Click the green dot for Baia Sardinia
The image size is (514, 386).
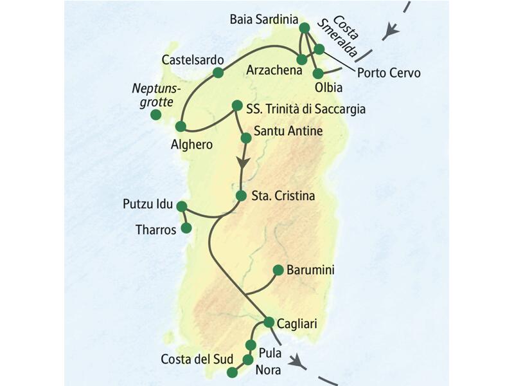(x=305, y=28)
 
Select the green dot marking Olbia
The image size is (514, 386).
(x=318, y=73)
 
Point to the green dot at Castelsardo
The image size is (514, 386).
(x=218, y=73)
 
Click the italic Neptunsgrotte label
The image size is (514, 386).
(x=157, y=95)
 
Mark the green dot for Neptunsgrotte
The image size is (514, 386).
(x=155, y=115)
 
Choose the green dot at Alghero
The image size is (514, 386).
(x=181, y=127)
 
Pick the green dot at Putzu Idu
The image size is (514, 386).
(x=181, y=207)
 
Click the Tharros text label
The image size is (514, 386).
(x=156, y=230)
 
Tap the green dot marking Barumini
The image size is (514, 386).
(x=278, y=270)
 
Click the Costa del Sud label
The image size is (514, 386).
(x=190, y=359)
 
